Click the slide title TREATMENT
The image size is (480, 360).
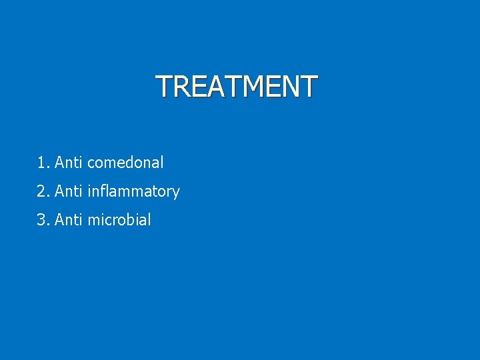(x=237, y=86)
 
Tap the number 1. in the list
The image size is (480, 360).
(x=43, y=162)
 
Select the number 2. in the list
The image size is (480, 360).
(x=43, y=191)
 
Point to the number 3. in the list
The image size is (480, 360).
(x=43, y=220)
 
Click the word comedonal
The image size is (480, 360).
(x=125, y=162)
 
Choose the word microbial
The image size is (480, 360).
(x=119, y=220)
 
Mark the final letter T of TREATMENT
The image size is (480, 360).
(x=309, y=86)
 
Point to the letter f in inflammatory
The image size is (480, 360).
(x=100, y=191)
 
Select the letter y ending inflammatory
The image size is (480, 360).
(x=176, y=193)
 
